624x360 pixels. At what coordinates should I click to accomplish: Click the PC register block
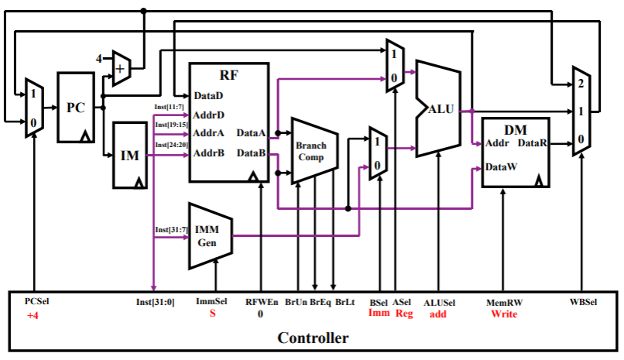pos(75,107)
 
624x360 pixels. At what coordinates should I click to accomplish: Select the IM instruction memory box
pos(130,155)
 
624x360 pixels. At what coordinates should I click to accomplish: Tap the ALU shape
pos(441,108)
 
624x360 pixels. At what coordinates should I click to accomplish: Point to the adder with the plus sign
pos(120,69)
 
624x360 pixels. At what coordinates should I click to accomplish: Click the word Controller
pos(313,338)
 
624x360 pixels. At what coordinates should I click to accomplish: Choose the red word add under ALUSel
pos(439,314)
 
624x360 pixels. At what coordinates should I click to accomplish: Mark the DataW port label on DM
pos(501,166)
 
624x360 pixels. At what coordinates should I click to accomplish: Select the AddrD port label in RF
pos(208,115)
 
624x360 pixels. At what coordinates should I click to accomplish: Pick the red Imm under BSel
pos(379,314)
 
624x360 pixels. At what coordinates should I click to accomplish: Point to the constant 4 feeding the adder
pos(99,58)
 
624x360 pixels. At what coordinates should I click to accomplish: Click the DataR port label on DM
pos(533,143)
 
